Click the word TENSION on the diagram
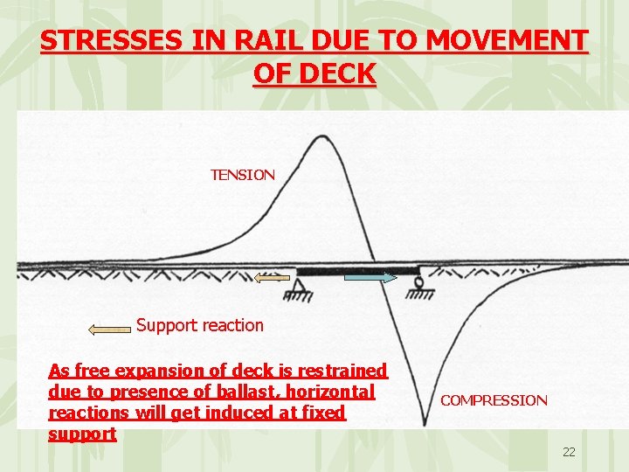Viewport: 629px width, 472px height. tap(242, 175)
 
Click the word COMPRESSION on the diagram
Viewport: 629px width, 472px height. tap(494, 400)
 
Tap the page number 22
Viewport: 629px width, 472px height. tap(569, 452)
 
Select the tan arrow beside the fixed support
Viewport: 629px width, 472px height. tap(272, 278)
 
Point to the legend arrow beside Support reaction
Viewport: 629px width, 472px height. tap(110, 329)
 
